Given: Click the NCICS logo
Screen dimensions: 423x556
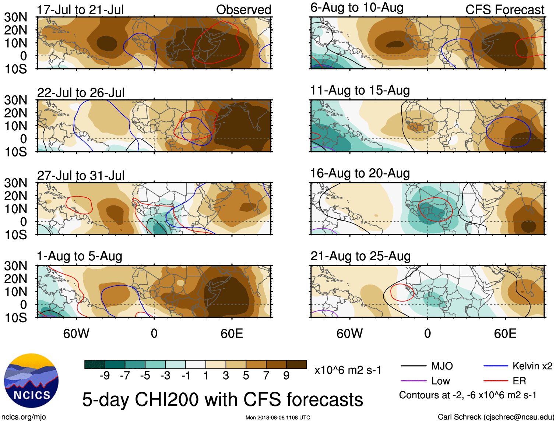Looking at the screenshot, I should tap(31, 380).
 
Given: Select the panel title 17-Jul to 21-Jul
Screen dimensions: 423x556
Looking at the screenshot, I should tap(80, 10).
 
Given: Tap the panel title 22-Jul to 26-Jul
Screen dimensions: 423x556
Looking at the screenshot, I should tap(81, 93).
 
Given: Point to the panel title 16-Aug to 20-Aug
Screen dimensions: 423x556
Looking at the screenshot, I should tap(360, 173).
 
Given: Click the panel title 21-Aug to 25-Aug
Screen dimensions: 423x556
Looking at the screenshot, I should tap(360, 256).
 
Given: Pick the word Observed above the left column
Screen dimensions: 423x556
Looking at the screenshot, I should tap(243, 10).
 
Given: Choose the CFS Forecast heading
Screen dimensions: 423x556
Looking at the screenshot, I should tap(504, 10).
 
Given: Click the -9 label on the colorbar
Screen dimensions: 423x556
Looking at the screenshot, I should tap(105, 376).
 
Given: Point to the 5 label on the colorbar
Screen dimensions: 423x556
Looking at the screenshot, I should tap(246, 376).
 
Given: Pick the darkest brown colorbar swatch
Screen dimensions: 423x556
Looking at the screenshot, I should tap(296, 364).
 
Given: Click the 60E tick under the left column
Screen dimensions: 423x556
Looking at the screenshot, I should tap(232, 334).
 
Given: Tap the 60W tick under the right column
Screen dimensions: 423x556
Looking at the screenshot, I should tap(349, 334).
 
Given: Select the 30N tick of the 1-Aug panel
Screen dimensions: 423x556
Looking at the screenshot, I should tap(15, 266).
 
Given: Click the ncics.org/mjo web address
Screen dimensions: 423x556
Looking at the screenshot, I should tap(24, 417).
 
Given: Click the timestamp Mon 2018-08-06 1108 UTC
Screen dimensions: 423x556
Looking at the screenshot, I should tap(278, 417).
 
